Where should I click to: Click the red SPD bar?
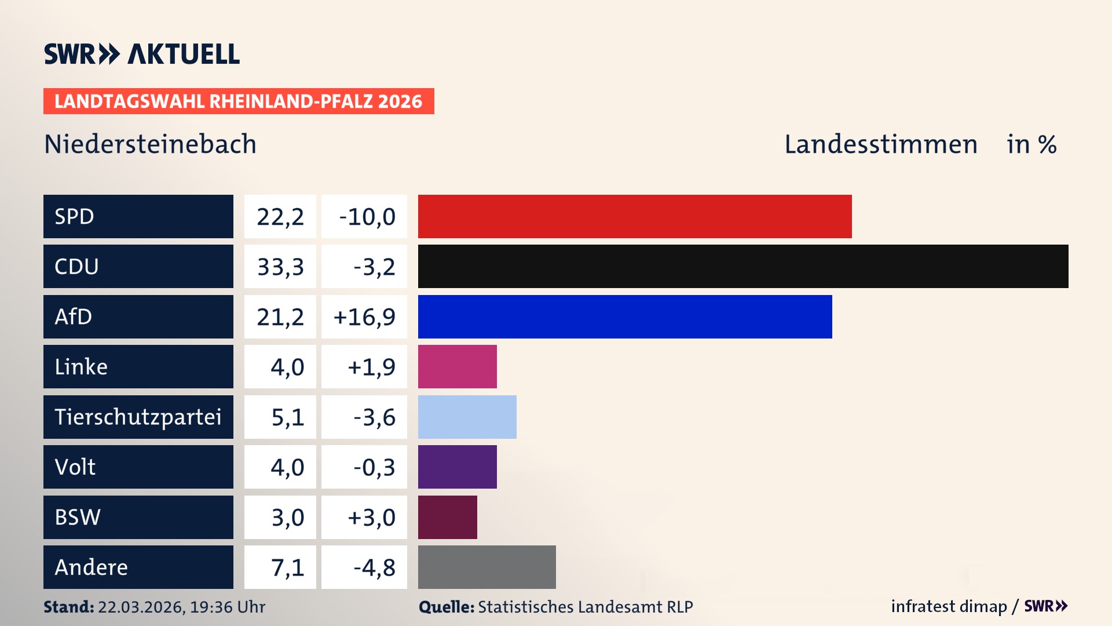[635, 216]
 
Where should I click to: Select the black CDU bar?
[743, 267]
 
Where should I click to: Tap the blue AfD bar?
[625, 316]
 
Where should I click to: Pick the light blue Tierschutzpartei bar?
[467, 417]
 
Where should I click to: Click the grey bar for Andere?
[487, 567]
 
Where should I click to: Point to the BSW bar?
[447, 517]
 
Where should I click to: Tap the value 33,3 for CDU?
[280, 267]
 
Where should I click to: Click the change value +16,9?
[364, 317]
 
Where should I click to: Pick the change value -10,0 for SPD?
[367, 217]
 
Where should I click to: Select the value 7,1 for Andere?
[287, 567]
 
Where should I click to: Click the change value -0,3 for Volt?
[374, 467]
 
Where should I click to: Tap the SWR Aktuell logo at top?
[142, 54]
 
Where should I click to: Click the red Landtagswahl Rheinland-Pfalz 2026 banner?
[239, 101]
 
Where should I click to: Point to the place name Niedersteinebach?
[150, 144]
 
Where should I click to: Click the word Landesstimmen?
[880, 144]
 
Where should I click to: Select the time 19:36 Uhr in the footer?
[227, 607]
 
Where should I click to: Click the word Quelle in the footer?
[446, 607]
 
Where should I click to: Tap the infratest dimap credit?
[948, 606]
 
